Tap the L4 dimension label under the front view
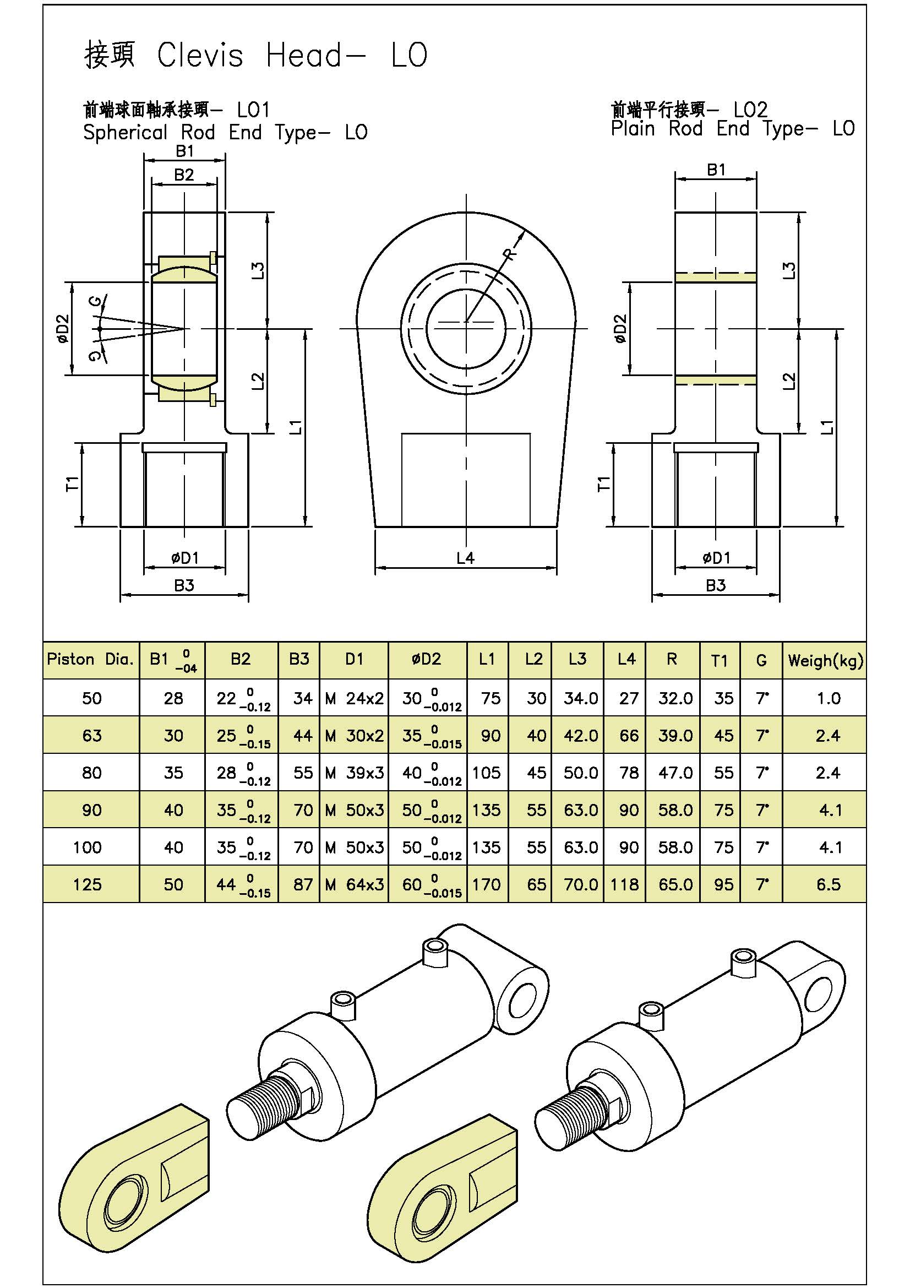[x=465, y=558]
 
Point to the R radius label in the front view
[x=510, y=254]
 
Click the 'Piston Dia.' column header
[x=91, y=660]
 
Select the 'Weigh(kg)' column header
[x=825, y=660]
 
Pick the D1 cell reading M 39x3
[x=355, y=773]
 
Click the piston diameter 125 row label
[x=88, y=885]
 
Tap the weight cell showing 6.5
[x=828, y=885]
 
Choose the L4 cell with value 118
[x=625, y=885]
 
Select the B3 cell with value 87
[x=303, y=885]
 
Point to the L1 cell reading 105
[x=486, y=773]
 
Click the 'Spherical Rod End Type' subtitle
[x=225, y=133]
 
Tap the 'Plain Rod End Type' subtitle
[x=732, y=129]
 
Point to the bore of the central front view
[x=466, y=328]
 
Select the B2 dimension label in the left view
[x=184, y=175]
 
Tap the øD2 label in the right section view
[x=619, y=329]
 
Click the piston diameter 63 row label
[x=92, y=736]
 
